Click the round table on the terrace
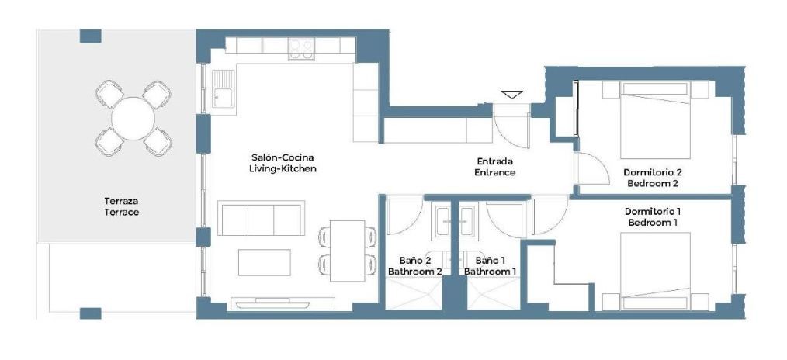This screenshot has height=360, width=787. click(x=133, y=119)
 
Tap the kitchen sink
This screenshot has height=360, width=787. click(x=223, y=88)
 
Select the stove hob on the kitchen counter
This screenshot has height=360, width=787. click(x=302, y=49)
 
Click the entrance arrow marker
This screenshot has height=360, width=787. click(x=511, y=94)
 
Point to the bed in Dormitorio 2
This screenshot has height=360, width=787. click(x=656, y=119)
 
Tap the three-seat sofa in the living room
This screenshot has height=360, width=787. click(x=261, y=218)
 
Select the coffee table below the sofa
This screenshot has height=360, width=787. click(x=265, y=262)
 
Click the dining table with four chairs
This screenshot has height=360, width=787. click(x=348, y=251)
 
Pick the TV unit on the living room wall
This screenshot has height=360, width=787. click(x=283, y=304)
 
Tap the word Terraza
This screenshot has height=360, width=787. click(x=121, y=201)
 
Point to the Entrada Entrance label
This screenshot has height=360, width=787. click(x=495, y=167)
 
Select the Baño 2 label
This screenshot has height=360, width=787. click(x=415, y=260)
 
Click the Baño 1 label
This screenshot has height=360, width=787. click(x=490, y=260)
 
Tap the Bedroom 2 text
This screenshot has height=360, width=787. click(x=653, y=184)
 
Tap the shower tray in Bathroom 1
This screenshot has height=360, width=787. click(x=493, y=294)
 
